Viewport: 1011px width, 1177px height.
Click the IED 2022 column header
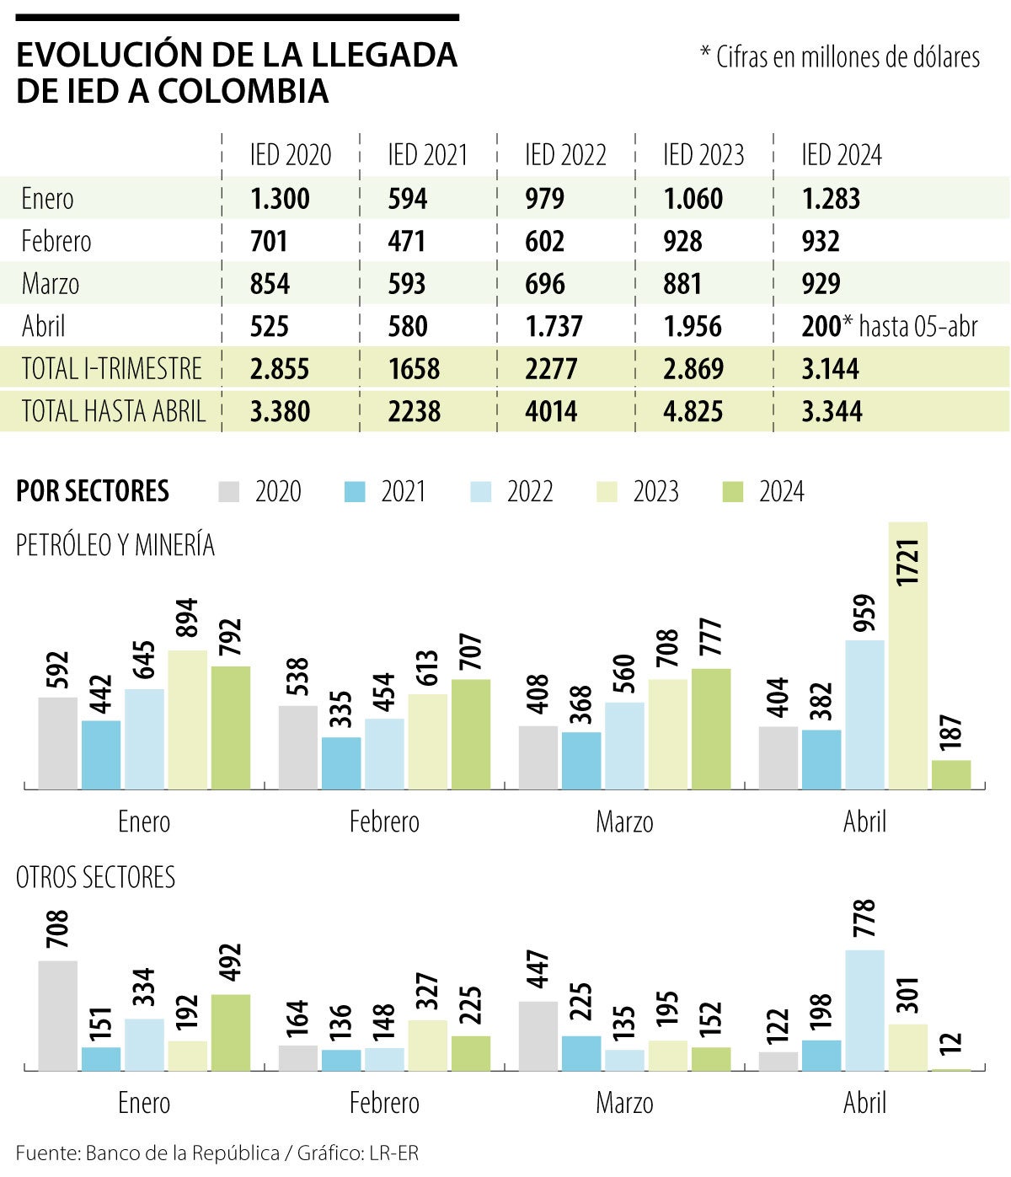(565, 155)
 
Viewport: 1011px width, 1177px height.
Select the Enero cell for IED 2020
(280, 199)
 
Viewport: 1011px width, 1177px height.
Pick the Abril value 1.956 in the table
(693, 326)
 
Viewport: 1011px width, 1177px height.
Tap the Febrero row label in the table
(56, 241)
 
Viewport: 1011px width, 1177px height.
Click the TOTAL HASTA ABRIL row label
(113, 411)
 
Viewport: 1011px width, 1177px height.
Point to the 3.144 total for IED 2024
(830, 369)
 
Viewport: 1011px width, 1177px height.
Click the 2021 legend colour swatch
(356, 492)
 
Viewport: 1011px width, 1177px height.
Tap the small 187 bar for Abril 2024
(951, 774)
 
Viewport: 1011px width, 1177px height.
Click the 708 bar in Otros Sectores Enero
(58, 1015)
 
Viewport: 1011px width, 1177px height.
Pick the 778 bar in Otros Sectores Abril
(865, 1010)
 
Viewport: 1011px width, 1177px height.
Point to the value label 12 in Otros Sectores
(951, 1042)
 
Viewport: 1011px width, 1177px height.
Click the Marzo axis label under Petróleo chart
(624, 821)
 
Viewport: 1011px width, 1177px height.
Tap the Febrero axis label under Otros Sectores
(384, 1103)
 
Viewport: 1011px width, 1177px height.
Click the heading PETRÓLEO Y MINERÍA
(115, 546)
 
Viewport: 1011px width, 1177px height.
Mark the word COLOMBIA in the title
(243, 91)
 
